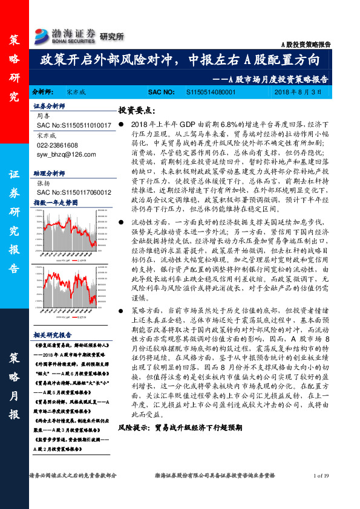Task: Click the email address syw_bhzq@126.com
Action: pyautogui.click(x=62, y=154)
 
